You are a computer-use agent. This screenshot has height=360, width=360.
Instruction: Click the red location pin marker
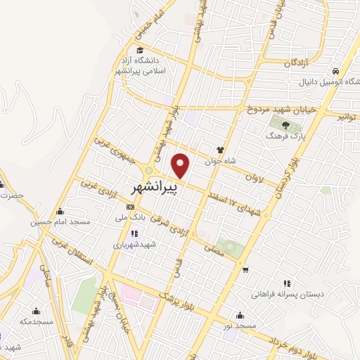click(x=181, y=166)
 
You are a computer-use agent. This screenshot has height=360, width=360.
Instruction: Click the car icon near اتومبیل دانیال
click(x=336, y=71)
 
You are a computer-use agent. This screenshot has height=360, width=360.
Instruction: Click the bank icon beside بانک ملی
click(x=131, y=207)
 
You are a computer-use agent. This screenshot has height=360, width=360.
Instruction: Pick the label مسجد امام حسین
click(x=60, y=222)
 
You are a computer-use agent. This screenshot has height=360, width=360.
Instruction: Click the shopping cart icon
click(x=244, y=269)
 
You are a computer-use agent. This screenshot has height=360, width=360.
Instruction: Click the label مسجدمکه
click(x=36, y=321)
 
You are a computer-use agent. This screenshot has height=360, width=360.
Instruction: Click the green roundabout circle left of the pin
click(x=148, y=172)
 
